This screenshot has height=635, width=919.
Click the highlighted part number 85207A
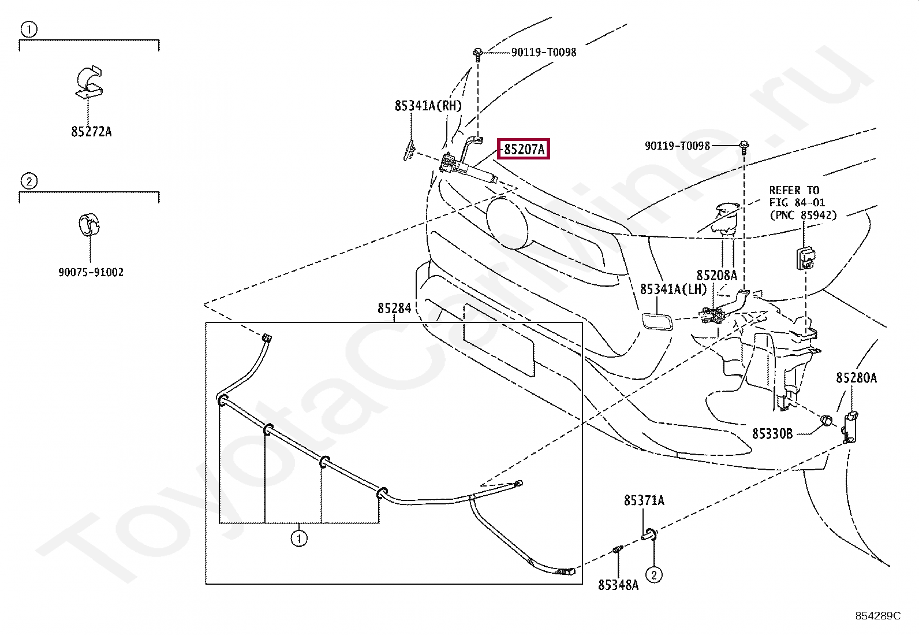coord(524,149)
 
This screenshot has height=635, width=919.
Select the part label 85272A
coord(91,132)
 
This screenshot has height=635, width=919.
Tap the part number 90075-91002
coord(91,272)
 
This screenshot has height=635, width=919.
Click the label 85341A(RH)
coord(428,106)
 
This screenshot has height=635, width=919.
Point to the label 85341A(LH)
coord(673,289)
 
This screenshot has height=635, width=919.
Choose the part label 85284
coord(394,309)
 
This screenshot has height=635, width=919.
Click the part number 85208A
coord(716,276)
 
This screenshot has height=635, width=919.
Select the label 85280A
coord(856,378)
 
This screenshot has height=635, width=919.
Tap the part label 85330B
coord(772,433)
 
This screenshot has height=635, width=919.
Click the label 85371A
coord(644,500)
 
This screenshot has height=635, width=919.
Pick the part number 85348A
coord(618,585)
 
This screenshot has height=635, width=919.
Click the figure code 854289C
coord(877,616)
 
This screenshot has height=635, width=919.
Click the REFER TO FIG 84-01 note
coord(802,203)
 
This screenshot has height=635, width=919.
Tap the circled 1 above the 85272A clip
coord(28,29)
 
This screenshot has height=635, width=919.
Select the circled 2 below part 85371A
coord(653,574)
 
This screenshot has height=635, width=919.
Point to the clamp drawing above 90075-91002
coord(89,225)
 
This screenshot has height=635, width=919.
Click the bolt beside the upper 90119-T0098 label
coord(478,54)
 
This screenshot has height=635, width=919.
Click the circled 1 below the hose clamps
coord(298,539)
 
